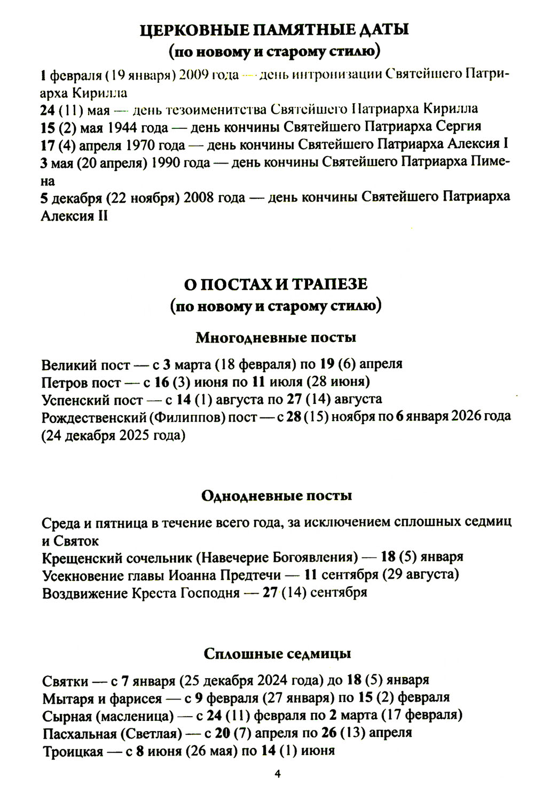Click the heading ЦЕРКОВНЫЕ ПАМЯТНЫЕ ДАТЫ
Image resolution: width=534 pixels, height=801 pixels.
click(273, 30)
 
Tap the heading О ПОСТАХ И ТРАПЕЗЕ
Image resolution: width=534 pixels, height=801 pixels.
click(276, 284)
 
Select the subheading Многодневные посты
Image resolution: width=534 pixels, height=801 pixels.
click(276, 338)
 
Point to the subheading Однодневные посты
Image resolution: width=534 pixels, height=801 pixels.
click(277, 496)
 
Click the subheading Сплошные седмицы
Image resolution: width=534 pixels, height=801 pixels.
click(277, 654)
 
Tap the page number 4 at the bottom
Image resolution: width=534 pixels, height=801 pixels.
click(276, 774)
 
